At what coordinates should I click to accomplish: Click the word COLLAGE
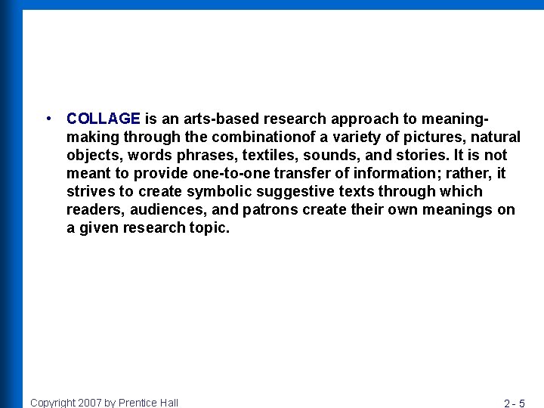point(104,119)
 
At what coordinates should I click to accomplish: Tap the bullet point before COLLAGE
point(48,119)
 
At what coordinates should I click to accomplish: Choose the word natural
point(496,137)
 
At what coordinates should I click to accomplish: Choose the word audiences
point(167,209)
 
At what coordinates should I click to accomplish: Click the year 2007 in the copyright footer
point(91,403)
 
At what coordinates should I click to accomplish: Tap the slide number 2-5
point(515,403)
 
